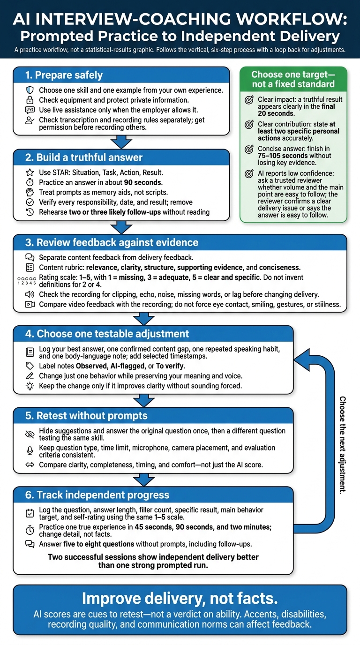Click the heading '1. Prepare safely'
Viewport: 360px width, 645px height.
(64, 75)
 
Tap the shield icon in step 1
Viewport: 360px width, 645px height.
(30, 90)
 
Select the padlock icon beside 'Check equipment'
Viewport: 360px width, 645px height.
(30, 100)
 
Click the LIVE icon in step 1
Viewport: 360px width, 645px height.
(30, 110)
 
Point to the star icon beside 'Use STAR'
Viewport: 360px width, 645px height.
(30, 172)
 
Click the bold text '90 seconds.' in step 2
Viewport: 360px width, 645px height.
(143, 182)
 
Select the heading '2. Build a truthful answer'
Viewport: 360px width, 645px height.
(84, 157)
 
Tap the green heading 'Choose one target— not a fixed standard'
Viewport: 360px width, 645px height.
(293, 79)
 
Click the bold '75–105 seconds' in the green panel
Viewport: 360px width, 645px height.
(278, 156)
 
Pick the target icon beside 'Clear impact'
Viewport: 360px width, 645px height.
(249, 100)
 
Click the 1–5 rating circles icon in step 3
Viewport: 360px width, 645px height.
(27, 281)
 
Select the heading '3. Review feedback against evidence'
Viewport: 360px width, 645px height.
(112, 242)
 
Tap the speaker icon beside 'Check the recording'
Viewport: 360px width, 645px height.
(30, 294)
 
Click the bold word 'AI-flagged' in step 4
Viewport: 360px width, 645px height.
(127, 366)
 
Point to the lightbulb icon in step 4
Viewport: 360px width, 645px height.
(30, 386)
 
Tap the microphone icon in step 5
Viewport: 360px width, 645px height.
(30, 451)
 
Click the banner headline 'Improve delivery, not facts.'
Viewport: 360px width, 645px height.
(180, 598)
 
